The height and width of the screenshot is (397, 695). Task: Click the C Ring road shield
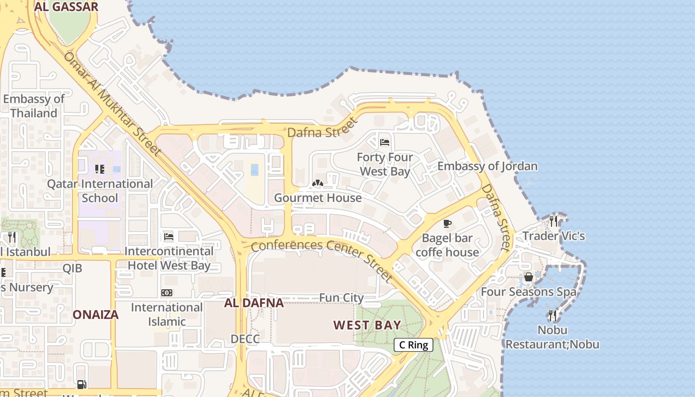point(414,345)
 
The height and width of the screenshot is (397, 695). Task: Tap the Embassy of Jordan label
point(487,166)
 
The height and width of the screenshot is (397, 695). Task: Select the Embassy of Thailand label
point(34,106)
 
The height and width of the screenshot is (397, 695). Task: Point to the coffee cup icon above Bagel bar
point(447,223)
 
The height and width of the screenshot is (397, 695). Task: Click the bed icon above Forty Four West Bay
point(385,142)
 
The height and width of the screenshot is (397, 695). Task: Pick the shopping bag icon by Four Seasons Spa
point(529,277)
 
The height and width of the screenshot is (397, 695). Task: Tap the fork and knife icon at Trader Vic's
point(553,221)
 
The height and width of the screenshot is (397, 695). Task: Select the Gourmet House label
point(318,198)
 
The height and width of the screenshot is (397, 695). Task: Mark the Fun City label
point(341,298)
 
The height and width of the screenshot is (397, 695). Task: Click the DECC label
point(245,339)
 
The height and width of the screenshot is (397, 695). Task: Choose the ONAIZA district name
point(96,315)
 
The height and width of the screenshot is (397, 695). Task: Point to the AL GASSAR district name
point(66,6)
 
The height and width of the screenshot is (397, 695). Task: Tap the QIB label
point(72,268)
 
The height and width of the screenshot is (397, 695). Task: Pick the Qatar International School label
point(100,191)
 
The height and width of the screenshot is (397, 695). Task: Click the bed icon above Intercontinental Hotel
point(169,236)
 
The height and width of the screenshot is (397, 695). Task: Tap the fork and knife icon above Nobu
point(552,315)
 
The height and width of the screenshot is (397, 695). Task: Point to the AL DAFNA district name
point(254,303)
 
